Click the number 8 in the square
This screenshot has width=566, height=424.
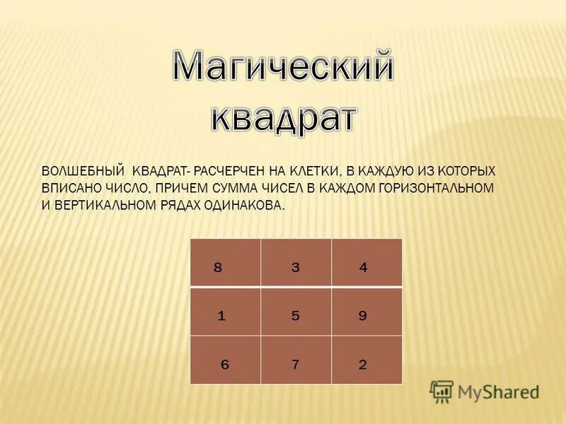pos(218,267)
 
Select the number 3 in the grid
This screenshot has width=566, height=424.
pos(296,267)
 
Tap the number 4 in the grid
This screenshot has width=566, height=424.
pos(364,267)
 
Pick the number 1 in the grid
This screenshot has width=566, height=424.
pos(221,316)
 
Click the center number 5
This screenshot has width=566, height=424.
pos(296,316)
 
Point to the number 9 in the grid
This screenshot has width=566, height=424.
pos(363,316)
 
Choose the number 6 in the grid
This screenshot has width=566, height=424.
pos(225,365)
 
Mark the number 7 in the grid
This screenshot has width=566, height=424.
pos(296,365)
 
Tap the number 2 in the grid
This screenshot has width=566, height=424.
pos(363,365)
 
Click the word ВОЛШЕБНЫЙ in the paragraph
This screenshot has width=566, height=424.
pos(83,172)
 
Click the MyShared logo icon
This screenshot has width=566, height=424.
pos(441,391)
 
